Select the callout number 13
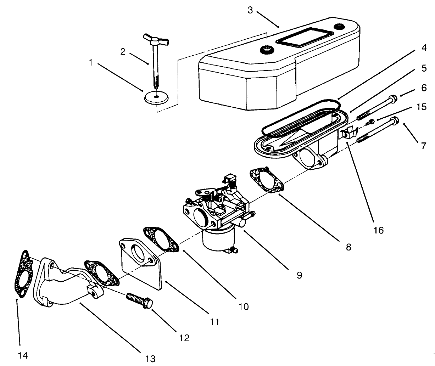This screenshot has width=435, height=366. tap(150, 359)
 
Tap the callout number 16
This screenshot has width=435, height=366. tap(378, 230)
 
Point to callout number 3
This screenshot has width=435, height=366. tap(250, 10)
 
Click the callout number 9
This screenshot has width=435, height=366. tap(300, 275)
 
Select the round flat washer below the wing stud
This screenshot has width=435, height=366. tap(156, 97)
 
